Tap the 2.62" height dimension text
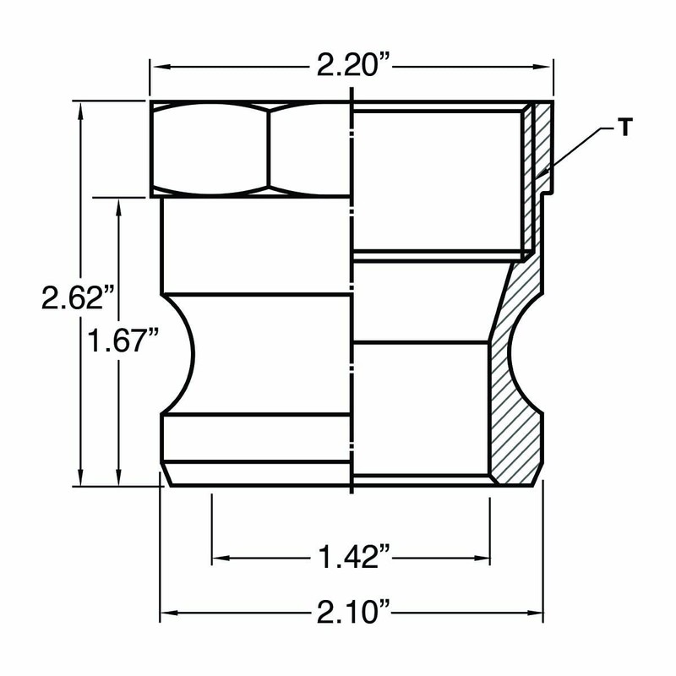[78, 297]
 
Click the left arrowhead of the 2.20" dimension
[160, 67]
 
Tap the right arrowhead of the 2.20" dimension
[542, 67]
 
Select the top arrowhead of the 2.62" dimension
[80, 112]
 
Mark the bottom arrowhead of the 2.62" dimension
[80, 477]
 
